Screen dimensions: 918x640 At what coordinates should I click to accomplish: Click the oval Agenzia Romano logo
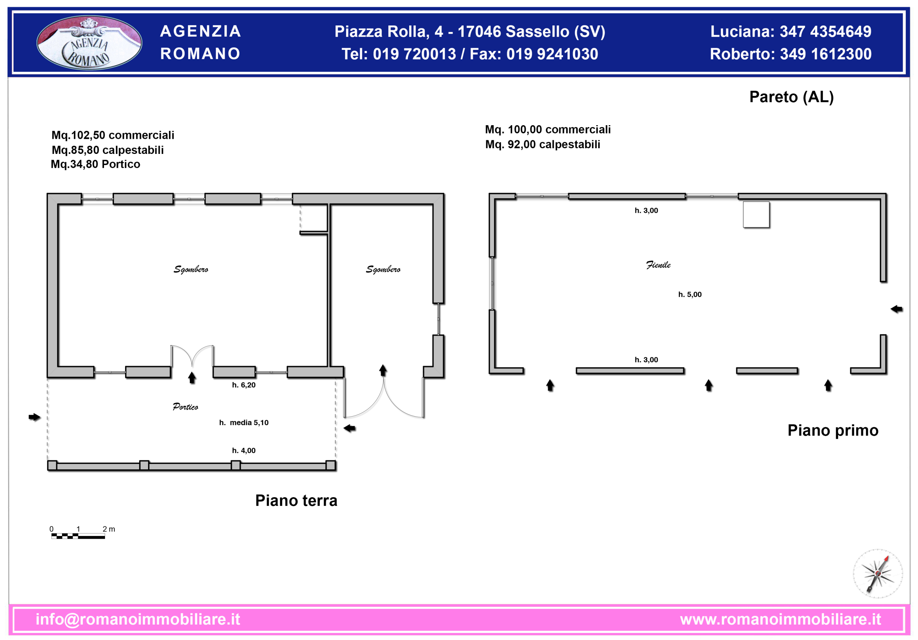[x=89, y=42]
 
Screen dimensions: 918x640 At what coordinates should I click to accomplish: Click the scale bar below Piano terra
[x=78, y=536]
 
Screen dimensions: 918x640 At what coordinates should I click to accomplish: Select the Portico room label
[x=185, y=407]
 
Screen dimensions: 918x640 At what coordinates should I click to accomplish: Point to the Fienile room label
[x=658, y=265]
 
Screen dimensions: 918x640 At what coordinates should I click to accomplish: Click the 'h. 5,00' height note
[x=690, y=295]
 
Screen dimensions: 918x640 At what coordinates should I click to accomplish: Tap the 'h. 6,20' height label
[x=243, y=385]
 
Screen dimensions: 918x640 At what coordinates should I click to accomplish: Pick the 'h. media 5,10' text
[x=243, y=422]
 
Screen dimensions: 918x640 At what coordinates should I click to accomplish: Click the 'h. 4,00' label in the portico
[x=243, y=450]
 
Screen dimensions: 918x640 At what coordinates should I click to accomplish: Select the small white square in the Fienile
[x=756, y=215]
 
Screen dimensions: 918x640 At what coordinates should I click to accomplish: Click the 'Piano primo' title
[x=833, y=430]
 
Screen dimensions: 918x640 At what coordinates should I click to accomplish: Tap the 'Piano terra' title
[x=296, y=500]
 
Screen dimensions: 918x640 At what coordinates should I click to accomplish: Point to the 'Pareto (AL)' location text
[x=791, y=97]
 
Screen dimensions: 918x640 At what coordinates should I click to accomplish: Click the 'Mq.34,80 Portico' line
[x=95, y=164]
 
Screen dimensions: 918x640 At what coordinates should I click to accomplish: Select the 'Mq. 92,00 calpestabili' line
[x=543, y=145]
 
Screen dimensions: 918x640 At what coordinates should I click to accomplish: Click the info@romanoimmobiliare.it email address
[x=138, y=619]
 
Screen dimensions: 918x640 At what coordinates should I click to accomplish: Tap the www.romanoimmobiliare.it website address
[x=780, y=619]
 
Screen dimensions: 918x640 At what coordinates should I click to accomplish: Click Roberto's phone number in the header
[x=825, y=54]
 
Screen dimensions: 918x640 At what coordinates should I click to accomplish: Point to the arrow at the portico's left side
[x=35, y=417]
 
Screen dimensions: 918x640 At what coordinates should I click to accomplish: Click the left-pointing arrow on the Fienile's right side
[x=896, y=309]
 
